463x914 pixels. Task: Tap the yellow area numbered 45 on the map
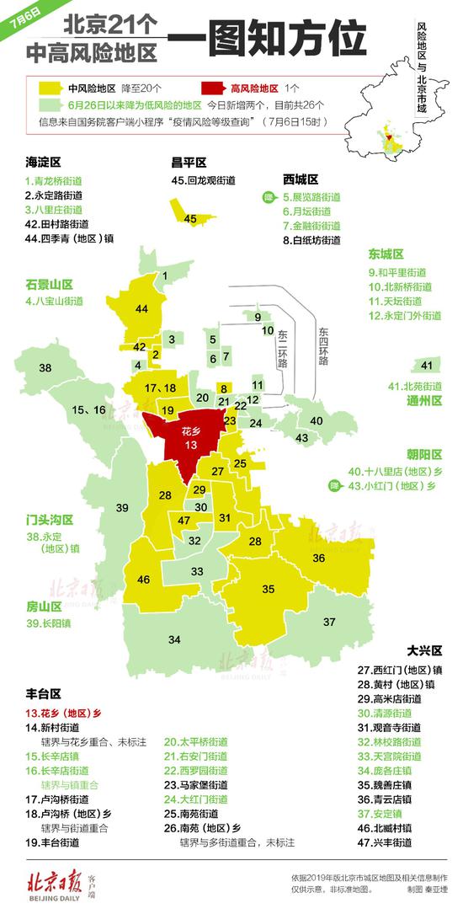coord(190,218)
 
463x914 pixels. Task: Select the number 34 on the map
coord(174,639)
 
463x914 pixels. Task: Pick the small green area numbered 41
coord(426,365)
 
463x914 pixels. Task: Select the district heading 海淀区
coord(43,162)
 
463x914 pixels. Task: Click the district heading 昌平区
coord(189,162)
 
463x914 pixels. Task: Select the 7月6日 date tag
coord(19,19)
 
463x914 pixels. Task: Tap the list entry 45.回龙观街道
coord(203,180)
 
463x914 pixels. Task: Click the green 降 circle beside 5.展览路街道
coord(267,197)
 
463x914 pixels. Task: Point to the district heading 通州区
coord(424,401)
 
